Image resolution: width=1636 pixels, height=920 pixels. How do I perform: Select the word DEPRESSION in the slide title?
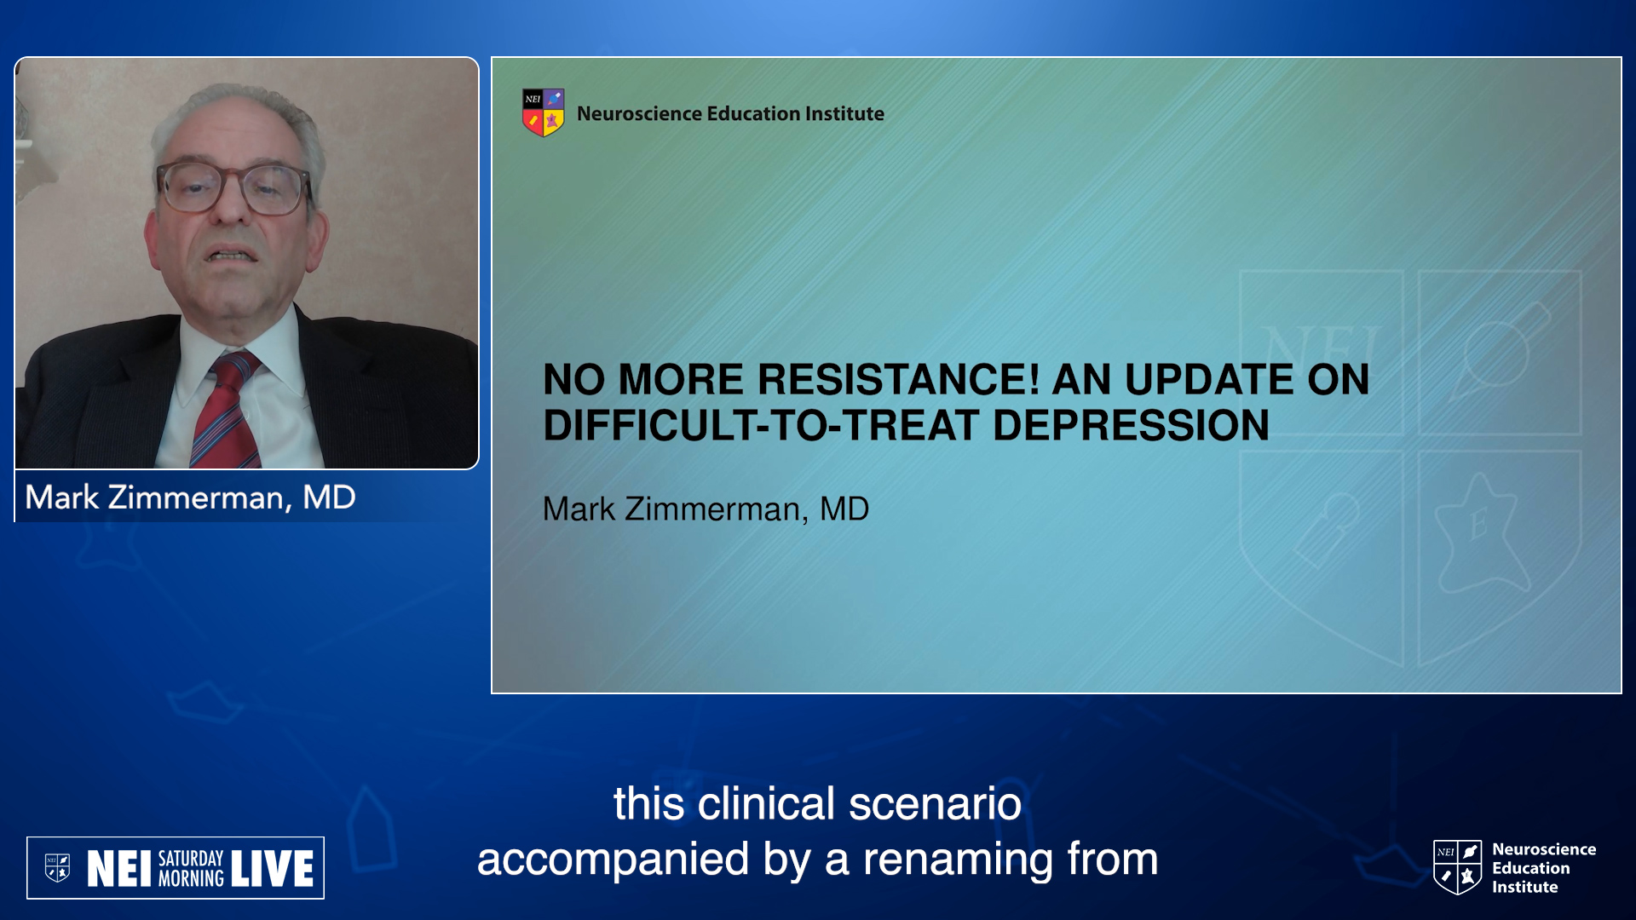pyautogui.click(x=1131, y=425)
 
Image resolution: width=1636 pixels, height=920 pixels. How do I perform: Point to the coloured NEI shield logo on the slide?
pyautogui.click(x=543, y=112)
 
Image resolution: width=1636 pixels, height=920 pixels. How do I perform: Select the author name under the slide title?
pyautogui.click(x=706, y=509)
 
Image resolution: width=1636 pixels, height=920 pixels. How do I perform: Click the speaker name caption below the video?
pyautogui.click(x=190, y=497)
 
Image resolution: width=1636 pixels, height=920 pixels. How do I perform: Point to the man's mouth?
pyautogui.click(x=232, y=255)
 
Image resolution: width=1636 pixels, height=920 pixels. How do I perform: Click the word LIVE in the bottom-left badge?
pyautogui.click(x=272, y=869)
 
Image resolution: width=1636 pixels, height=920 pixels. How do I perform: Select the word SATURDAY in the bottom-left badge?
pyautogui.click(x=191, y=859)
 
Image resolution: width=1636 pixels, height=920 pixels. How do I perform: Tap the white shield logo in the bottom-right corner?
pyautogui.click(x=1458, y=867)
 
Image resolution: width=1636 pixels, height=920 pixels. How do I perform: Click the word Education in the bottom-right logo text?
pyautogui.click(x=1530, y=868)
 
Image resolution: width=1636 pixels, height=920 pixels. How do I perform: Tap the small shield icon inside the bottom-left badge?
pyautogui.click(x=57, y=868)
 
